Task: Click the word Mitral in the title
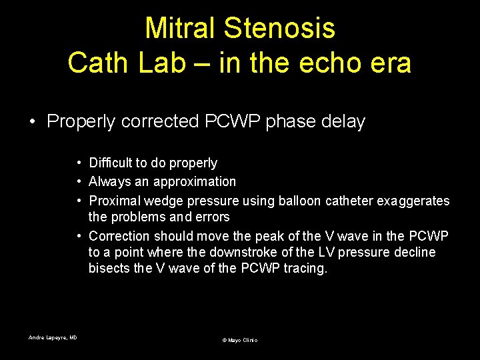coord(181,29)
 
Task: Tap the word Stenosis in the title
coord(279,29)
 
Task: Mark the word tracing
coord(306,268)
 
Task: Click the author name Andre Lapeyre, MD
coord(53,338)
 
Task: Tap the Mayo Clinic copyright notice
coord(239,340)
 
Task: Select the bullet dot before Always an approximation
coord(79,182)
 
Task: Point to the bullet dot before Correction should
coord(79,236)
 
